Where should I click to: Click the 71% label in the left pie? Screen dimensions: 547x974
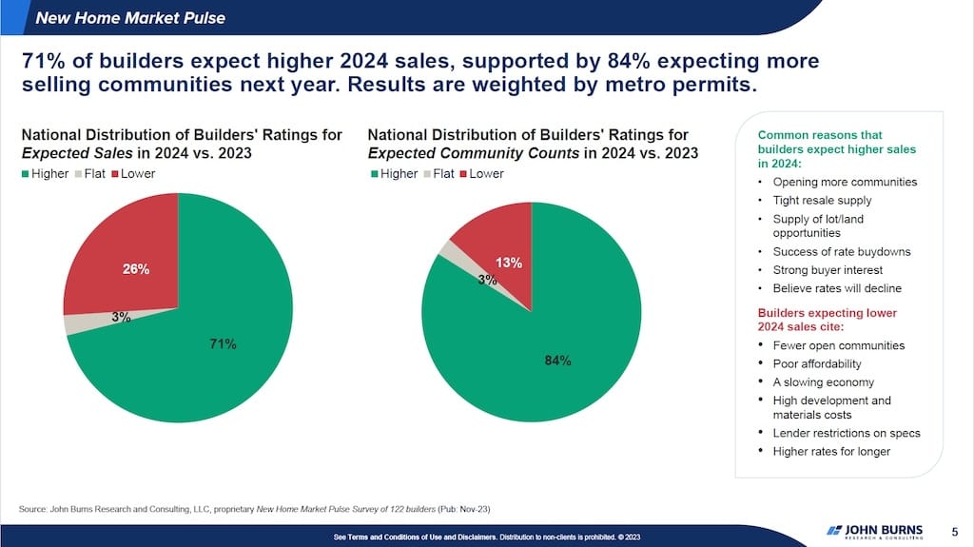click(223, 343)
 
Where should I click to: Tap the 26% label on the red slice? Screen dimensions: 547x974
click(136, 269)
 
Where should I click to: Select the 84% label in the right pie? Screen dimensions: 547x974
click(558, 361)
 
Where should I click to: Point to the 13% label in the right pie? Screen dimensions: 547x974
click(509, 263)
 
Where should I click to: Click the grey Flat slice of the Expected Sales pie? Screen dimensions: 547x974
click(69, 323)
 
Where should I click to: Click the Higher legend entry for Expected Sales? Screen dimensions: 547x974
click(45, 174)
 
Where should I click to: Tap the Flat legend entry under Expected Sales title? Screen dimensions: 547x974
click(91, 174)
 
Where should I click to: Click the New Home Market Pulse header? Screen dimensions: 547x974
click(130, 17)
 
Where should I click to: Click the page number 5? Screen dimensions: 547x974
click(954, 530)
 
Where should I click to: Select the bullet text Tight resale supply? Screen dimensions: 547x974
click(822, 200)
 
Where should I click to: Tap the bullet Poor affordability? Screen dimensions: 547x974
click(817, 363)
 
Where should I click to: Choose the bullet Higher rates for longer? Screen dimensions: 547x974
click(831, 451)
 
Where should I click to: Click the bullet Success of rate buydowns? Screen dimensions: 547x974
click(842, 252)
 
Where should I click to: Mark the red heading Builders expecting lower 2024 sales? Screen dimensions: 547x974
click(827, 320)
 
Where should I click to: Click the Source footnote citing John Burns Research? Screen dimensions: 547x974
click(255, 509)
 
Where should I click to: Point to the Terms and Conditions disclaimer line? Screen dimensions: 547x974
click(487, 537)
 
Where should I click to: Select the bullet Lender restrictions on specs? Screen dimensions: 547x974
click(847, 433)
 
